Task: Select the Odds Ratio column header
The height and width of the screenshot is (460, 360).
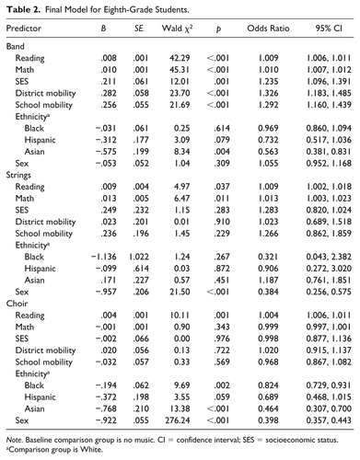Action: point(267,29)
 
